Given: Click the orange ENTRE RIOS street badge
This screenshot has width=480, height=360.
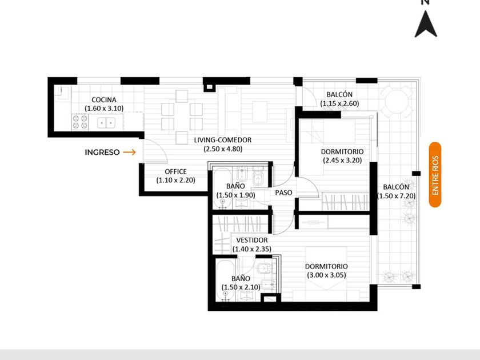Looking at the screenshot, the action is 435,174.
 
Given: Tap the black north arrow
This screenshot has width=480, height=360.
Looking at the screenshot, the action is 426,24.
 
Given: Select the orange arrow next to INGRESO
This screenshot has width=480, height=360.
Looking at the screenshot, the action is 130,152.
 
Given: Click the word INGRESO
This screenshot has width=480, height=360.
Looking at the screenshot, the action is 102,152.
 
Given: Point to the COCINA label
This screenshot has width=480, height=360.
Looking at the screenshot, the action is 104,100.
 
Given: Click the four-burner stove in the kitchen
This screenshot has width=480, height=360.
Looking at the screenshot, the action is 80,122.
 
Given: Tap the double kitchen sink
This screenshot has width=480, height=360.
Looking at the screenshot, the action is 106,123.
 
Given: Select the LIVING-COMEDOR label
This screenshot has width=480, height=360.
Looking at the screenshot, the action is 222,140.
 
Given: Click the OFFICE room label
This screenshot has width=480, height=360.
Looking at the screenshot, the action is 176,171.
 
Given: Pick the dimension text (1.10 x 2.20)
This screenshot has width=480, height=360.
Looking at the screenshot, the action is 176,181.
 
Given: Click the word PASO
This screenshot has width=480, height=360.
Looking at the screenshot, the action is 283,193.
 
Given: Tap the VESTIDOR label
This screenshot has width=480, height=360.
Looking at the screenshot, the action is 252,241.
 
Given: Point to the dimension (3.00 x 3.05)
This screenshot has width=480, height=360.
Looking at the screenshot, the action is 327,275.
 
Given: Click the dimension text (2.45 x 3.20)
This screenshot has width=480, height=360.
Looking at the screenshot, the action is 342,160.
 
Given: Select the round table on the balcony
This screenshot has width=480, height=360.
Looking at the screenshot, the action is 397,101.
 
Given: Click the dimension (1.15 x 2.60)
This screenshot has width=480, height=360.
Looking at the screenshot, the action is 339,103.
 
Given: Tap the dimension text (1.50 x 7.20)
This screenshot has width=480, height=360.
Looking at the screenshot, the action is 397,196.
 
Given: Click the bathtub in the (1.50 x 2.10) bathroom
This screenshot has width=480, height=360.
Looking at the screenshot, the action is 226,281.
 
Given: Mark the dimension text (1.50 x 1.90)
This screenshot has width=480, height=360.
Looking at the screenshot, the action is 235,195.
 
